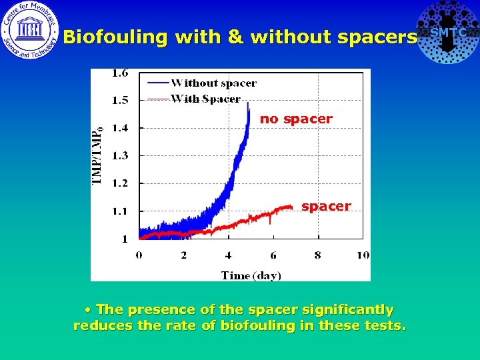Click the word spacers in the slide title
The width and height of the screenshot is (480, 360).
377,37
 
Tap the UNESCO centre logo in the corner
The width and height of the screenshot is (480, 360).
30,30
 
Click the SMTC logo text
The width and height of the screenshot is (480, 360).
448,33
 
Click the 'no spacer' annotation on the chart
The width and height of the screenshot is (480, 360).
296,119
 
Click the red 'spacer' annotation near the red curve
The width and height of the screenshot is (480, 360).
326,207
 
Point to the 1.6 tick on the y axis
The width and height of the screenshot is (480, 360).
120,73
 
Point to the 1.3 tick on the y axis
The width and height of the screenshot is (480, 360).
120,155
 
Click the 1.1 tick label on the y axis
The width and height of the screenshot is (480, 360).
120,211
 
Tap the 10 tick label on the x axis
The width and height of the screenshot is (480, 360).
363,255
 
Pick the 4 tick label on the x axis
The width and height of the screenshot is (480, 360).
228,255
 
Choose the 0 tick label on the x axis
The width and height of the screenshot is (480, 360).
139,255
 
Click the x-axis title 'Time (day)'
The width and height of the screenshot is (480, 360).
251,275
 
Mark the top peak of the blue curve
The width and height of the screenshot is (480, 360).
248,103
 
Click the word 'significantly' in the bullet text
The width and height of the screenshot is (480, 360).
347,310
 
